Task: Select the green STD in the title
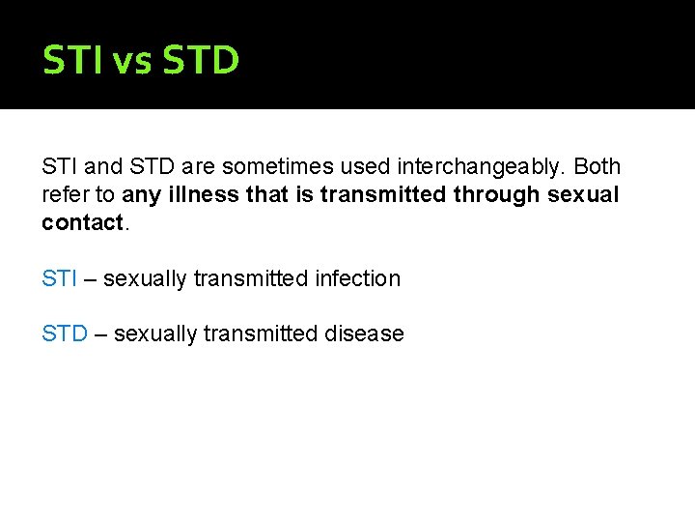[x=201, y=60]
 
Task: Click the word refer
[x=63, y=194]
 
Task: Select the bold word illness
[x=204, y=194]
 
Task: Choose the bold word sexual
[x=583, y=194]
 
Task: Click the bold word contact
[x=82, y=222]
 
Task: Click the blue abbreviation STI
[x=59, y=278]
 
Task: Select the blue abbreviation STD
[x=65, y=333]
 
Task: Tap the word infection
[x=357, y=278]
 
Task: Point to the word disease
[x=365, y=333]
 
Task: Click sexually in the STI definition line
[x=145, y=278]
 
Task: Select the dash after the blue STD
[x=99, y=333]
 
